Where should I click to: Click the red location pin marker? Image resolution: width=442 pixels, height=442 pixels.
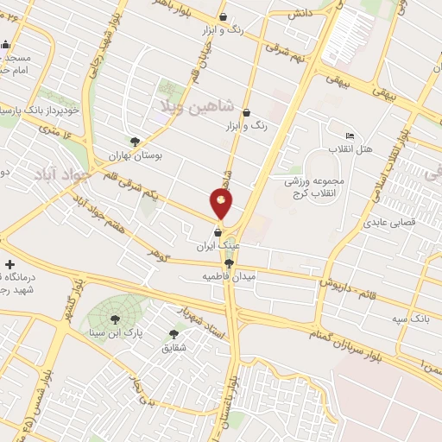click(221, 204)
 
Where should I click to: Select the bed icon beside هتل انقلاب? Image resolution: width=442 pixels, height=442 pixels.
click(350, 136)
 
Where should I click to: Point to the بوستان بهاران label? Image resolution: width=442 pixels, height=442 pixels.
click(136, 155)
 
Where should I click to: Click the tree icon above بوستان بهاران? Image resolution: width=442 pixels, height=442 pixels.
click(135, 142)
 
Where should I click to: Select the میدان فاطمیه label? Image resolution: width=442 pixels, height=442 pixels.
click(225, 276)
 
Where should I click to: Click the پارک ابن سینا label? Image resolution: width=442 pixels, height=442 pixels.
click(117, 332)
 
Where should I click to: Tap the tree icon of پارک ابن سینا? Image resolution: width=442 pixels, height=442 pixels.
click(115, 319)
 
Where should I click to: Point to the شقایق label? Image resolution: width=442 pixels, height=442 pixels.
click(174, 348)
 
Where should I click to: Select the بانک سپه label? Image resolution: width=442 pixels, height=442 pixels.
click(409, 319)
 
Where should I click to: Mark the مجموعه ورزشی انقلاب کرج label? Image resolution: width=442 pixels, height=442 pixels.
click(319, 186)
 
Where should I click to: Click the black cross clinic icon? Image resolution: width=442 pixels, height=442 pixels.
click(9, 264)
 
